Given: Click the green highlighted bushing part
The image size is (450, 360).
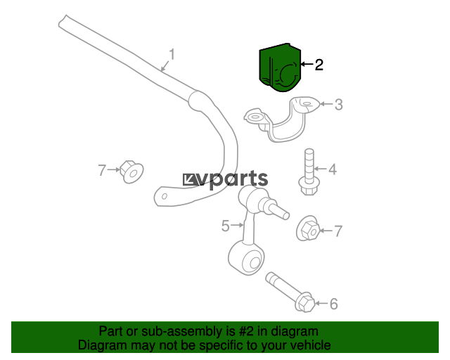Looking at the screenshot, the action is (x=280, y=67).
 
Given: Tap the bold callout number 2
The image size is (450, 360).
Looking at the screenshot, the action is (x=319, y=65).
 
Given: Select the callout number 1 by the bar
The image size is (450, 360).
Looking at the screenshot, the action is (x=172, y=54).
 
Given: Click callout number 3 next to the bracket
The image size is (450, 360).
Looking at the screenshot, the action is (x=339, y=105).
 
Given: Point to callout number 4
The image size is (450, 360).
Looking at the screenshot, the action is (x=333, y=169).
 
